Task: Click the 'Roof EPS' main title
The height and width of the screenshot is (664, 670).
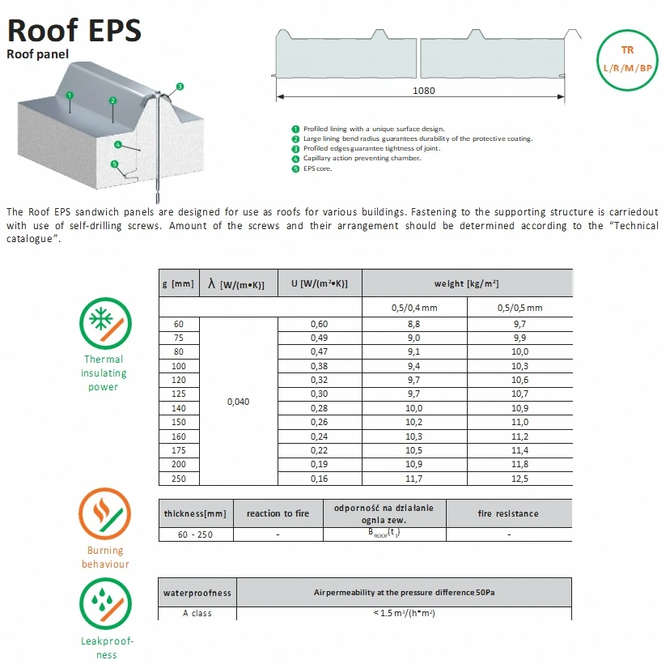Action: click(74, 30)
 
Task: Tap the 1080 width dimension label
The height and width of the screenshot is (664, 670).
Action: click(422, 91)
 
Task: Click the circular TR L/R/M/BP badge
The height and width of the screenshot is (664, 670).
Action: click(627, 59)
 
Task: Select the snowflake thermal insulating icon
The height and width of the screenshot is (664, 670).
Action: click(104, 323)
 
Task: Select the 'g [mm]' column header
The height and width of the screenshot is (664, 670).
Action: click(178, 283)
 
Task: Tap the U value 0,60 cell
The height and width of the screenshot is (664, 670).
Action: click(319, 324)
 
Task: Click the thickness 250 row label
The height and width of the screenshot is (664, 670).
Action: click(178, 479)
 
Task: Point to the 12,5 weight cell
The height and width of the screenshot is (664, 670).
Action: click(519, 479)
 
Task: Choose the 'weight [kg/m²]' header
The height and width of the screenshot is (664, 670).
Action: click(466, 283)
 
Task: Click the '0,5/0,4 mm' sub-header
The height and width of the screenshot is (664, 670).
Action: click(413, 308)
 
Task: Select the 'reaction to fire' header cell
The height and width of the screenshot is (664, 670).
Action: click(278, 513)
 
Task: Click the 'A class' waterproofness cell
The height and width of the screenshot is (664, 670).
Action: click(197, 613)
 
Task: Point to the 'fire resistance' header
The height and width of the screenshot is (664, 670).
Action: click(507, 513)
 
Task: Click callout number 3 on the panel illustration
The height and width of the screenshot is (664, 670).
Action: click(180, 86)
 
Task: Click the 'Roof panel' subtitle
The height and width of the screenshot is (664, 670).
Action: click(38, 54)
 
